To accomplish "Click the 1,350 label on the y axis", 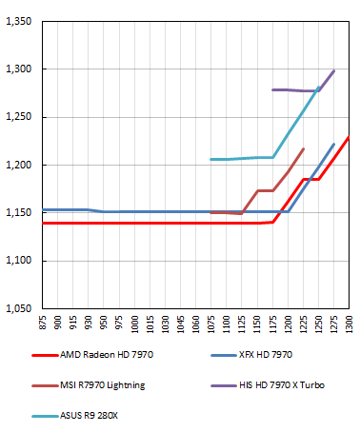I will click(19, 21).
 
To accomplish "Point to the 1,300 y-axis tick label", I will click(19, 69).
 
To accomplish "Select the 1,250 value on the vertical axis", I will click(19, 117).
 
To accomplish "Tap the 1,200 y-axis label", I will click(19, 166).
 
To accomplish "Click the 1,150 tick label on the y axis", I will click(19, 213).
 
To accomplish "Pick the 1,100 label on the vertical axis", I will click(19, 261).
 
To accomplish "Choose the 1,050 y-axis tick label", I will click(19, 309).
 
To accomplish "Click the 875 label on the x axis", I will click(43, 324).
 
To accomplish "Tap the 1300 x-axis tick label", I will click(349, 324).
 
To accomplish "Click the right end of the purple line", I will click(334, 70).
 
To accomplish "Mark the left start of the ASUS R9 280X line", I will click(210, 159).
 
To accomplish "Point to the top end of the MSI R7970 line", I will click(303, 148).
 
